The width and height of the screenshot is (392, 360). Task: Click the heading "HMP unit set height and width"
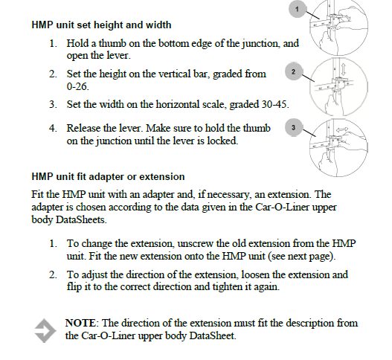(101, 25)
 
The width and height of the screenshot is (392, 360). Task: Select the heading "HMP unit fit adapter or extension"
(108, 177)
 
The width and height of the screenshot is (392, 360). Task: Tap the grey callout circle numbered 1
(297, 9)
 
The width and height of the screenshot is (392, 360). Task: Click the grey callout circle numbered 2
(294, 71)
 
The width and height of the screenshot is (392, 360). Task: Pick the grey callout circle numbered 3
(294, 127)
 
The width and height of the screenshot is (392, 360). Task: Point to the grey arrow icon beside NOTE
(45, 330)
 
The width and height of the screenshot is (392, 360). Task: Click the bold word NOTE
(80, 323)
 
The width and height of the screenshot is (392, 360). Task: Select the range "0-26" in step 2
(77, 86)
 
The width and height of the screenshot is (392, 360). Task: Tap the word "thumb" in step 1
(112, 43)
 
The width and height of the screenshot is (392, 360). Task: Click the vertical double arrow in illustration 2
(344, 69)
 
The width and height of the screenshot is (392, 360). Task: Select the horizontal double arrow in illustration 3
(341, 129)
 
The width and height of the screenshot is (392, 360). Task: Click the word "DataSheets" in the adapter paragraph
(80, 219)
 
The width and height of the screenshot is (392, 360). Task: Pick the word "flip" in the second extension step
(74, 287)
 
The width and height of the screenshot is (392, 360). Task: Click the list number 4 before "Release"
(53, 128)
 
